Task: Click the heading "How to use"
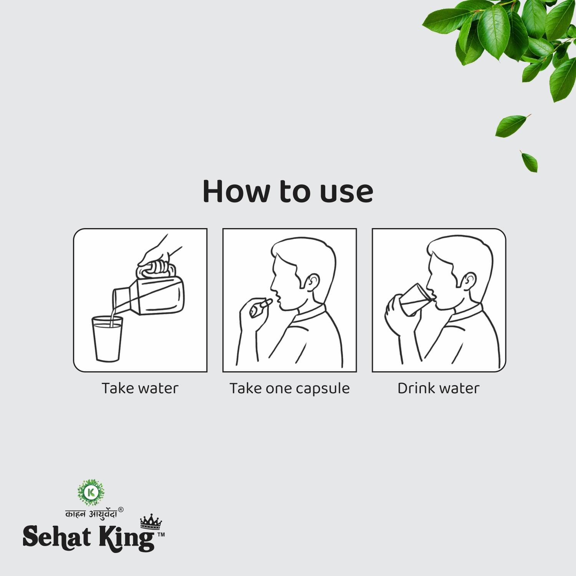(288, 191)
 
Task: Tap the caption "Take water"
(140, 388)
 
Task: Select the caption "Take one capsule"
(290, 388)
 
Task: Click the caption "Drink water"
(439, 388)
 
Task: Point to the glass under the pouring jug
(107, 339)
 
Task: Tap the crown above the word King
(151, 521)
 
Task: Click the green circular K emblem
(91, 492)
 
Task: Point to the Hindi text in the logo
(91, 514)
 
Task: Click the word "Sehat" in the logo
(57, 537)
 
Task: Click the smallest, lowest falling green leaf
(530, 161)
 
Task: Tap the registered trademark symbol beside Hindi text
(121, 510)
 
